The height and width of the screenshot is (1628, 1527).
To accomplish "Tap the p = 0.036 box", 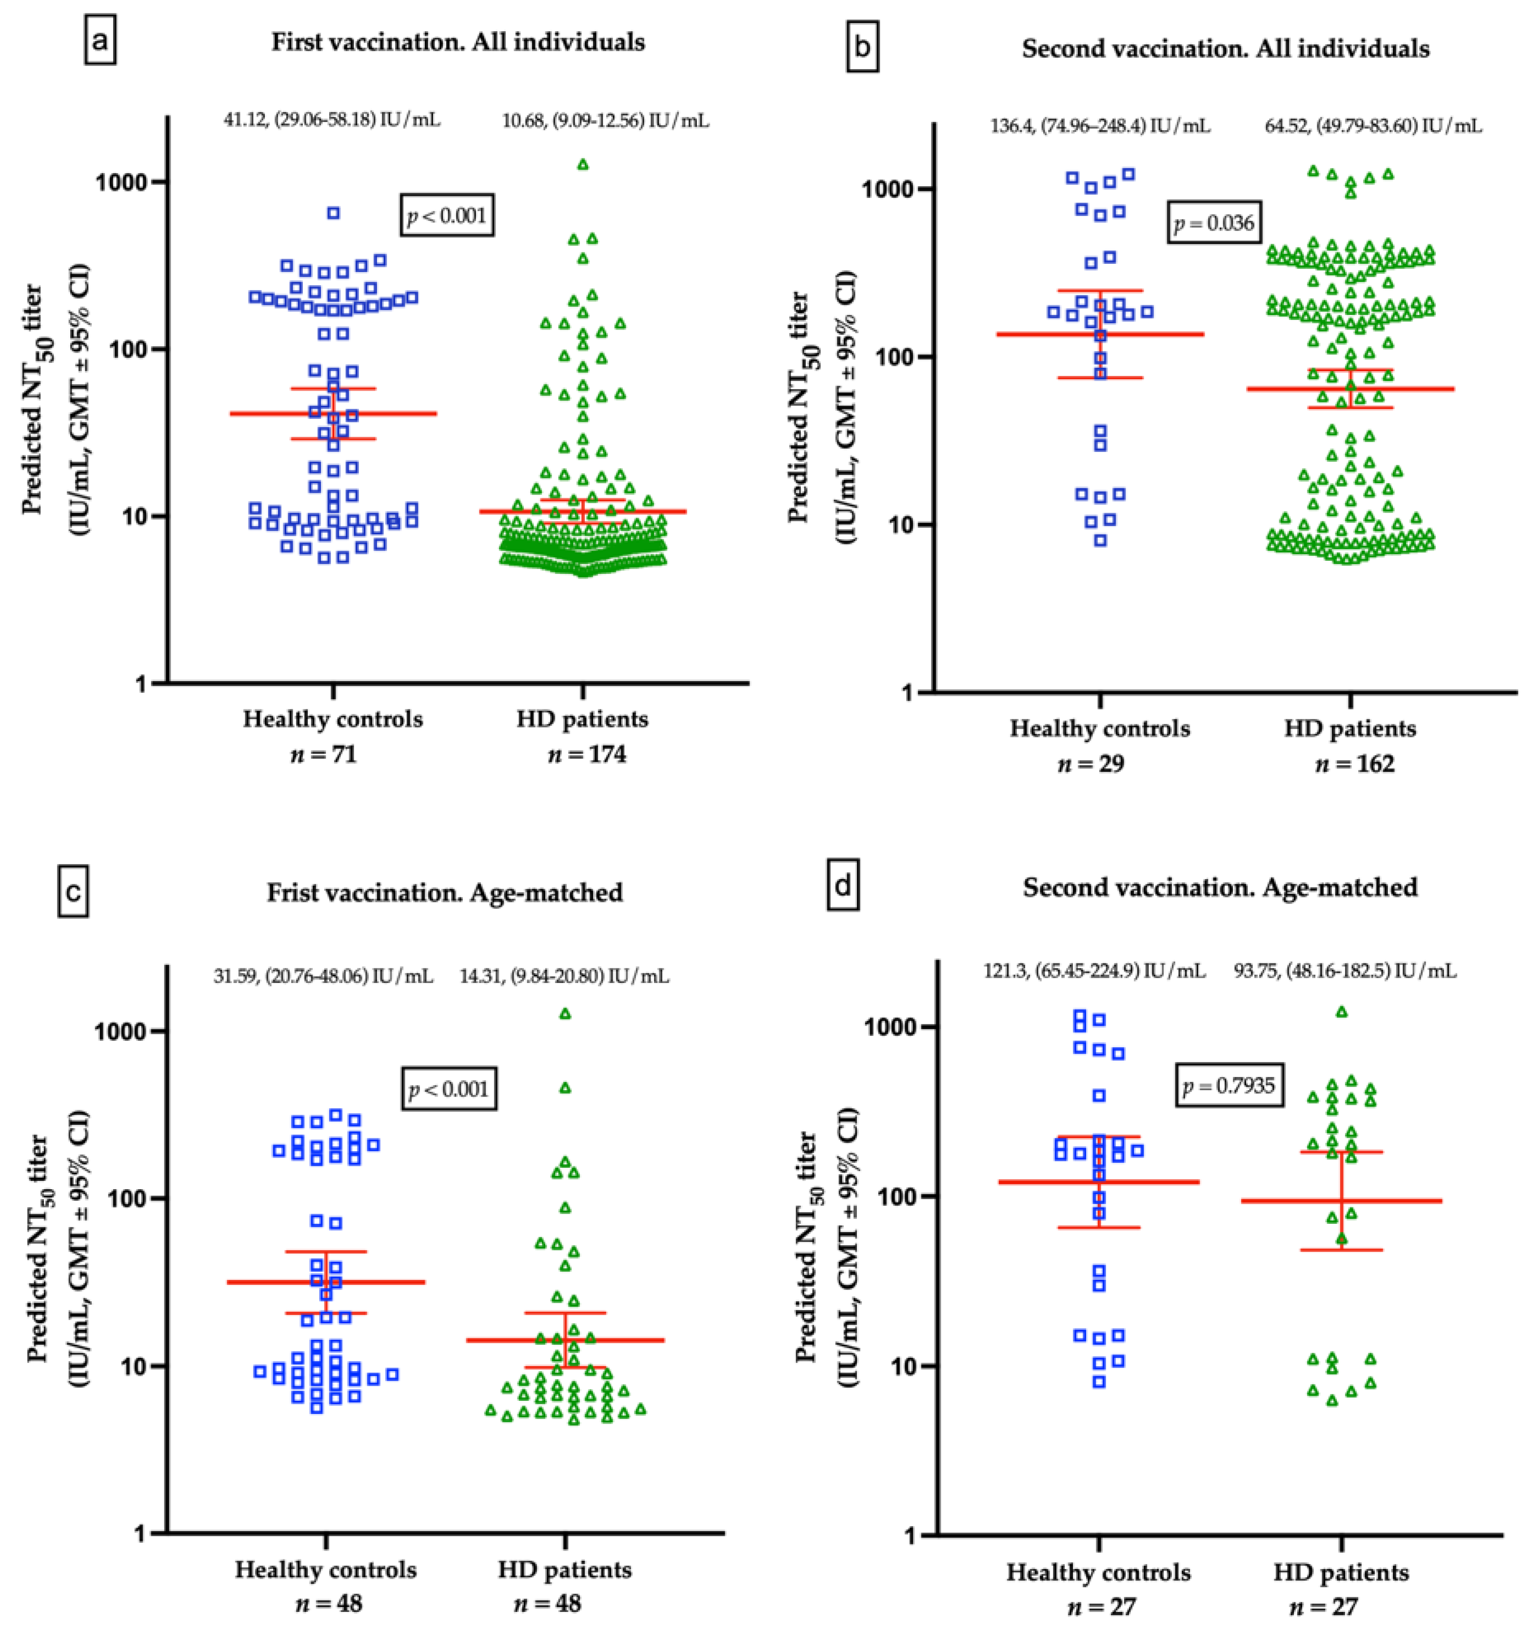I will pos(1214,223).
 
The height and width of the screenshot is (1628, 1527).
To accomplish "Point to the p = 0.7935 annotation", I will pos(1229,1086).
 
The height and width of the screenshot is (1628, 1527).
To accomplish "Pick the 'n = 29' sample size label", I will pos(1099,764).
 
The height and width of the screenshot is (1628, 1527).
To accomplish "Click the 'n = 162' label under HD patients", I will pos(1354,764).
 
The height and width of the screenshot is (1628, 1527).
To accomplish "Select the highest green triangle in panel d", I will pos(1342,1012).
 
